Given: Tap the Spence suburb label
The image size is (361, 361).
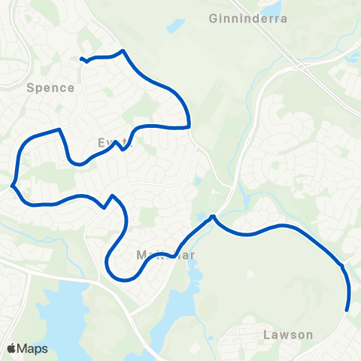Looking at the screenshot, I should point(50,87).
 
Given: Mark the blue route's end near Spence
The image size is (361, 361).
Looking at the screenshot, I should point(82,59).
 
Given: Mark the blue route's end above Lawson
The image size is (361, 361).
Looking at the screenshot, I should point(347,309).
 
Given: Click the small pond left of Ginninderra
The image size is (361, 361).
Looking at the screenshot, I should point(175,26).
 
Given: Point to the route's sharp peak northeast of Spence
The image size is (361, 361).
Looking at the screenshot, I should point(122,51).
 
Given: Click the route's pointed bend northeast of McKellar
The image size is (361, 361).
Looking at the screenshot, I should point(214,217).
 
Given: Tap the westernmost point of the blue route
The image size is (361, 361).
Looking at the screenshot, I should point(13,184).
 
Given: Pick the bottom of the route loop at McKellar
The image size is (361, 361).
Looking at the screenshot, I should point(120,277).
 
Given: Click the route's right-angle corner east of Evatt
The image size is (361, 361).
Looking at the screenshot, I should point(188,126).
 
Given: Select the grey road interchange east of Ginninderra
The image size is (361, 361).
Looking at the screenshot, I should point(301,66).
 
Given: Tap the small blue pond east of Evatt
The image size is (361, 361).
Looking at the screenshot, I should point(197,181).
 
